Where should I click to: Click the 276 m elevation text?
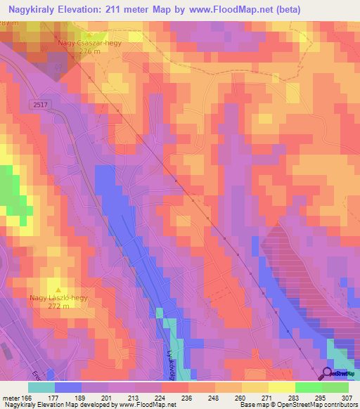click(x=90, y=51)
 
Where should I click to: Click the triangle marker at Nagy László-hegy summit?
click(x=59, y=289)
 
